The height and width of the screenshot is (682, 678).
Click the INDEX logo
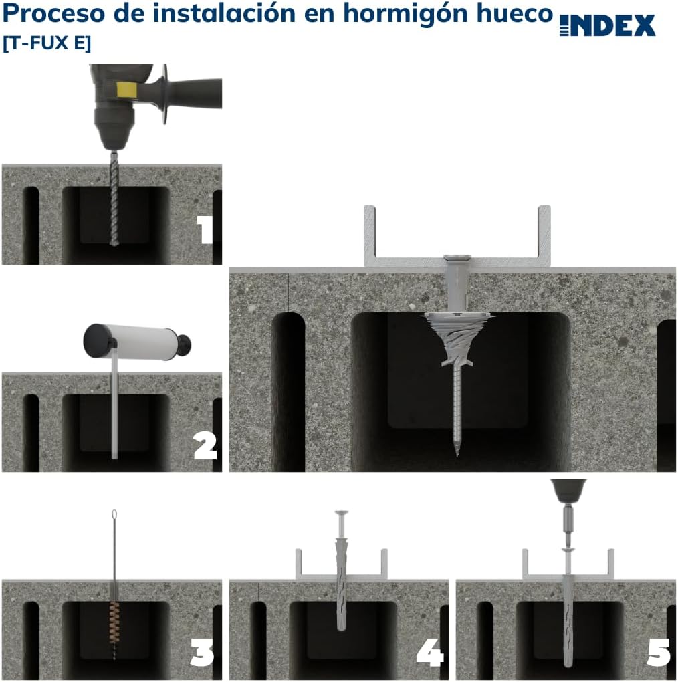click(607, 26)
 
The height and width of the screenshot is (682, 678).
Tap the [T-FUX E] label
click(47, 43)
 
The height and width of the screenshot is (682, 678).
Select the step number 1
click(205, 230)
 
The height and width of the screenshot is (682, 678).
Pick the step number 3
click(203, 653)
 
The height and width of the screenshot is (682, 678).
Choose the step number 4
click(430, 653)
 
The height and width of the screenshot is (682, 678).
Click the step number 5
click(658, 653)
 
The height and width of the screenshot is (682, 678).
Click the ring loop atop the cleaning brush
click(114, 515)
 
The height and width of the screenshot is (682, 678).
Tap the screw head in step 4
click(340, 514)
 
